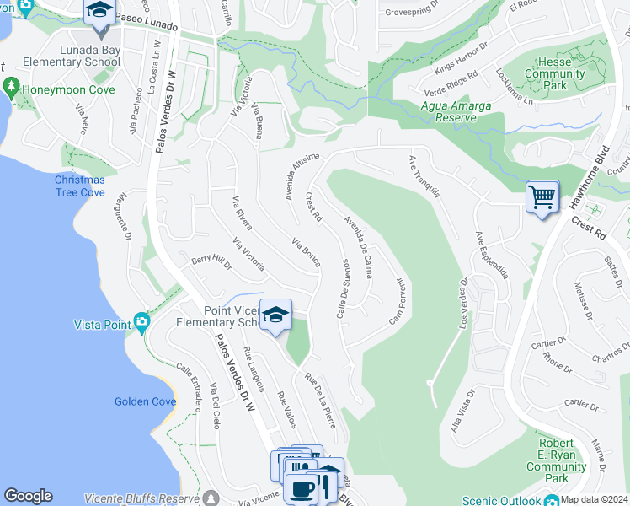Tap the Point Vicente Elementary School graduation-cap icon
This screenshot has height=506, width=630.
[275, 315]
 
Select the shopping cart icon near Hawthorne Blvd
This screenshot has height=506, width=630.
[542, 197]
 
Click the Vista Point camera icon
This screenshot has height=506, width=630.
[141, 320]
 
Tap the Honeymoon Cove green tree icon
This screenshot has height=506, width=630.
[11, 86]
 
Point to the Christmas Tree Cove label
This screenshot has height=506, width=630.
[80, 186]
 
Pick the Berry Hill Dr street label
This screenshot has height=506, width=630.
[211, 262]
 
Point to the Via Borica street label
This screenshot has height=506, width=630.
[307, 252]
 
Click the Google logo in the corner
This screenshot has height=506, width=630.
[28, 496]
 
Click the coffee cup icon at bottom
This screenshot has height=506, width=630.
[302, 489]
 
